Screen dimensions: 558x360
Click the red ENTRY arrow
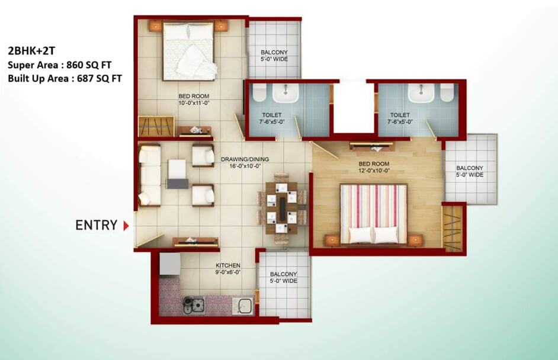(x=126, y=226)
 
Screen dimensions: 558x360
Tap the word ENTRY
(x=96, y=225)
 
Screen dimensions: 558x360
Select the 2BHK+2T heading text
(x=31, y=52)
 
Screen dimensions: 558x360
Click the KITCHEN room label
(x=228, y=265)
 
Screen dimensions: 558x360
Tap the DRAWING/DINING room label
(x=245, y=159)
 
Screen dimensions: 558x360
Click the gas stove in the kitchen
(x=194, y=305)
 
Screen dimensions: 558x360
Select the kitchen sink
(x=243, y=306)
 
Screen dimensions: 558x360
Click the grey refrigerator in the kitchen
(x=170, y=263)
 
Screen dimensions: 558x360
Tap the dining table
(x=282, y=208)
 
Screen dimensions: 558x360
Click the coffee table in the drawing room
(x=177, y=173)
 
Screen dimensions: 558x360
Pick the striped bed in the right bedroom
(x=373, y=214)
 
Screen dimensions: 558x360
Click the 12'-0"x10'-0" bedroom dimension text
(x=374, y=171)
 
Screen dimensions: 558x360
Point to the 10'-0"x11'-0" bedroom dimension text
(x=194, y=103)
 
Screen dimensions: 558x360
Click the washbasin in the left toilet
(x=285, y=92)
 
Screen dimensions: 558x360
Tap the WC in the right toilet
(x=447, y=92)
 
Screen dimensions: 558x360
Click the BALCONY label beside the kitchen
(x=283, y=274)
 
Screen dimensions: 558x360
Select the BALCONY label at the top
(x=274, y=52)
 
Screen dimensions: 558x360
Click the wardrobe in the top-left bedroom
(x=156, y=126)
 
